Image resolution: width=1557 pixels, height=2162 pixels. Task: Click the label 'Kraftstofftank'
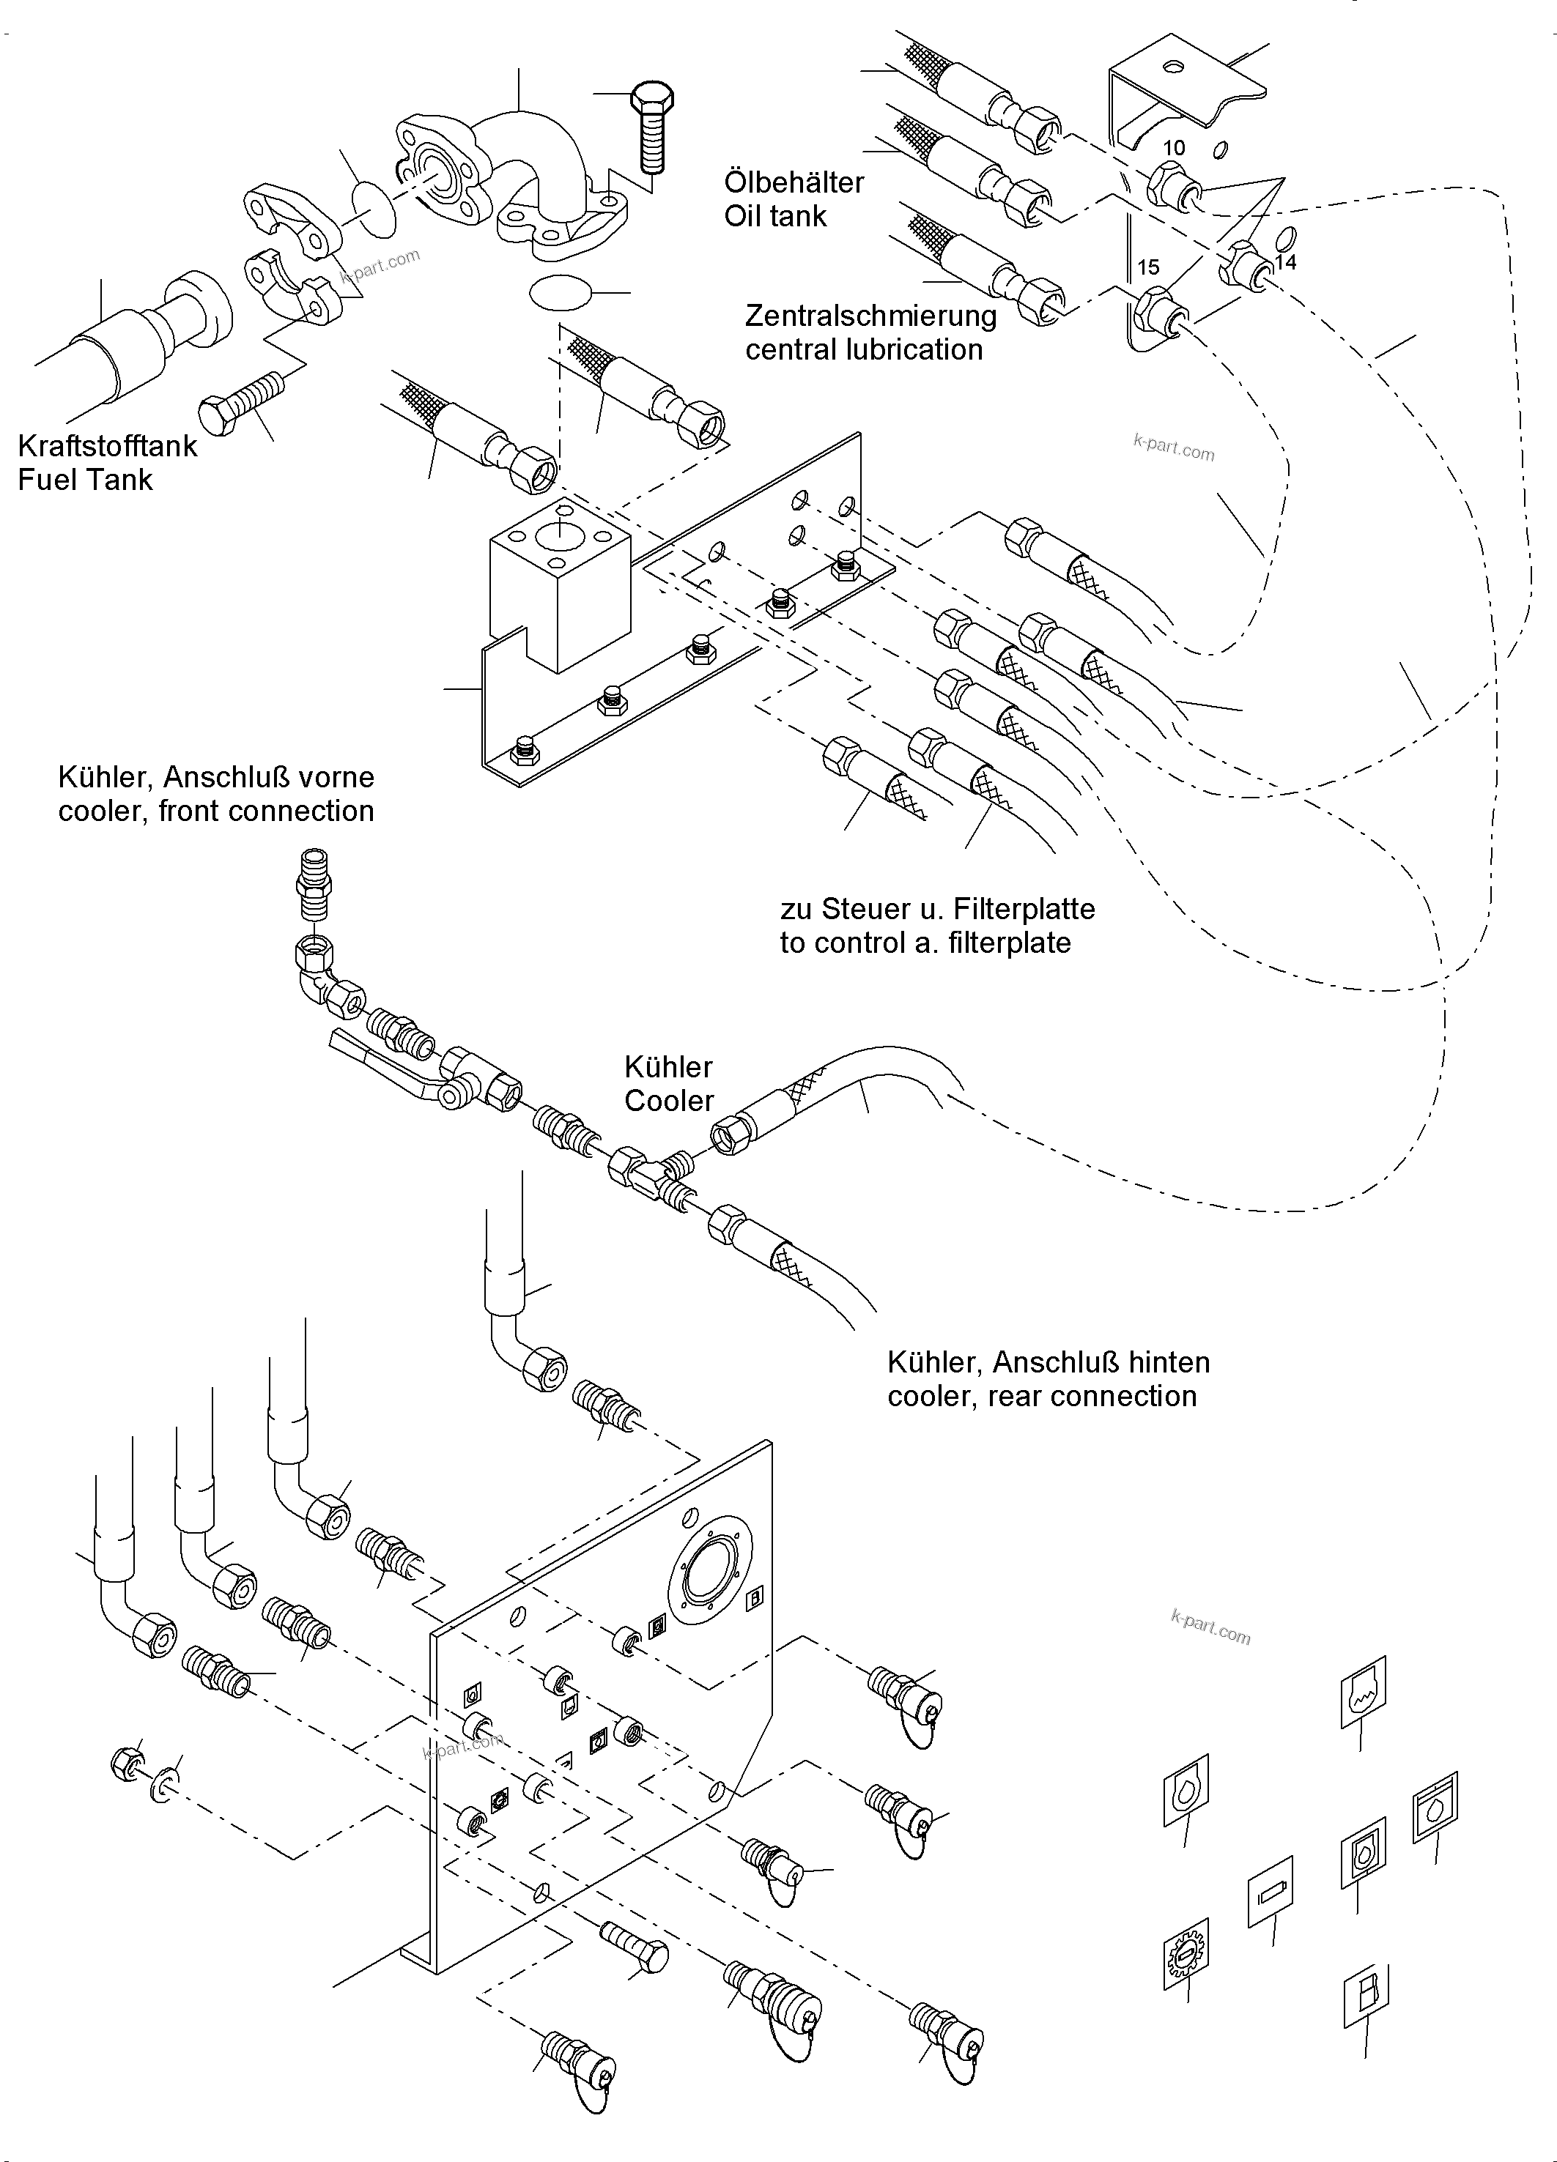(108, 445)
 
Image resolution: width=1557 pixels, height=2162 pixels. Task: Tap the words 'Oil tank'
(775, 216)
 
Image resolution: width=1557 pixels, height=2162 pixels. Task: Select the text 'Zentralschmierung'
(870, 316)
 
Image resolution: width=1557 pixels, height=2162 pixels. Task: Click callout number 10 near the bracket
(1174, 148)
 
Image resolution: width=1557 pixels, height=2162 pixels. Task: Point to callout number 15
(1148, 267)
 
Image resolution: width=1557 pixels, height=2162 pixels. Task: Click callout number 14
(1285, 262)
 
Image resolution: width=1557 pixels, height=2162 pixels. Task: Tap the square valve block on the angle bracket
(560, 585)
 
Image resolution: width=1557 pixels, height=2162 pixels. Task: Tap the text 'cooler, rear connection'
(1041, 1396)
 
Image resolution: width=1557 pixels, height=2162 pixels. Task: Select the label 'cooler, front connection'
(215, 811)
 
